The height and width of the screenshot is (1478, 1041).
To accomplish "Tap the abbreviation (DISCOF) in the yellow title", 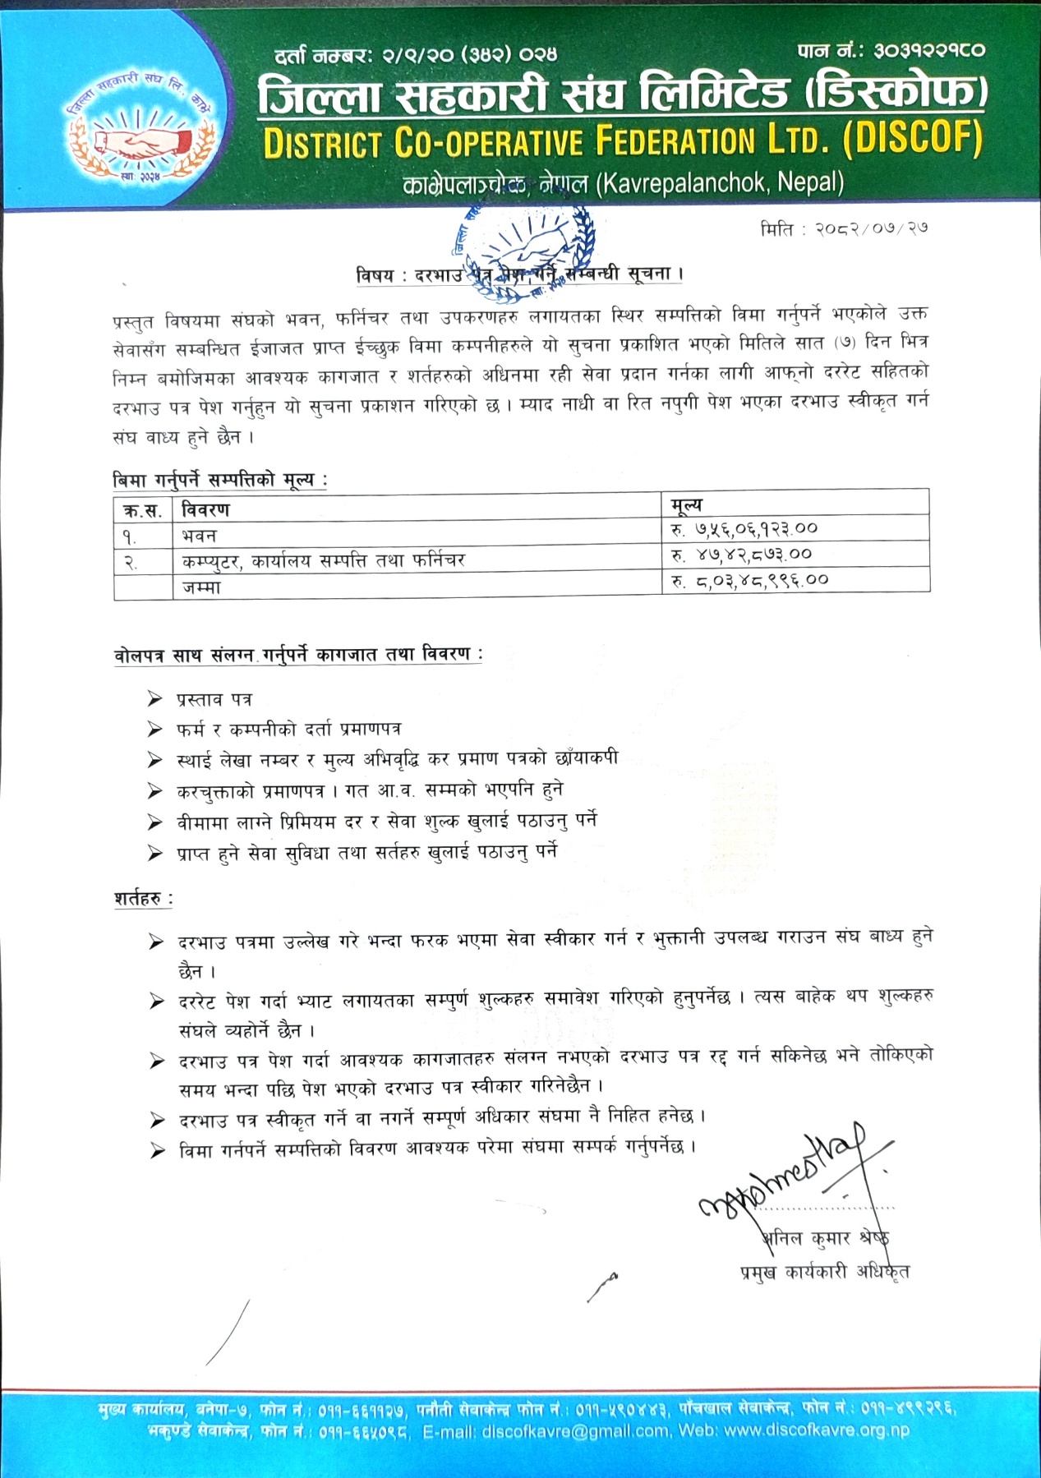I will (913, 140).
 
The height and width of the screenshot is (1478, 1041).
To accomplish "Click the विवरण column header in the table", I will (205, 510).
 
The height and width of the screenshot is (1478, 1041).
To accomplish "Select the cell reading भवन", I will (199, 536).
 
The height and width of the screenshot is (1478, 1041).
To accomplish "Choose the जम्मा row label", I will (201, 587).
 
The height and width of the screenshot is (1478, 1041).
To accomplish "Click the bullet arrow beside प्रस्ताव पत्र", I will (154, 699).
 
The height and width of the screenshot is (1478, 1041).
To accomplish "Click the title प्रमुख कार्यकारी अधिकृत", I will (824, 1273).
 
